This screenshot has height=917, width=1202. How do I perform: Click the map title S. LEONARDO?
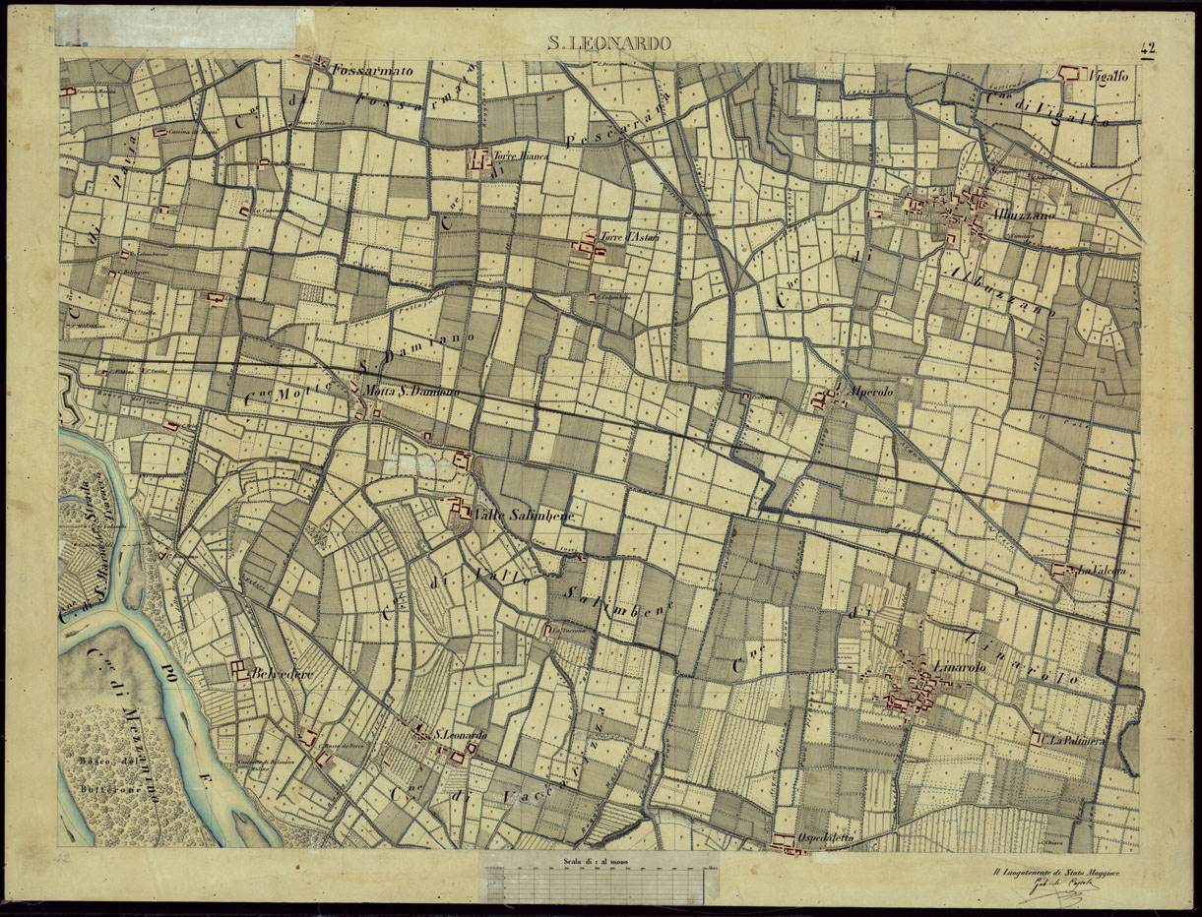pos(609,44)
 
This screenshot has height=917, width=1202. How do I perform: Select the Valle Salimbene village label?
pos(509,515)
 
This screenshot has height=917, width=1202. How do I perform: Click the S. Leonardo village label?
pos(461,735)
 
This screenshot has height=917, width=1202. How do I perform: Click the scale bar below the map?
pos(593,879)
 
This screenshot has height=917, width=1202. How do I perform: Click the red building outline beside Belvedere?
pos(239,670)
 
